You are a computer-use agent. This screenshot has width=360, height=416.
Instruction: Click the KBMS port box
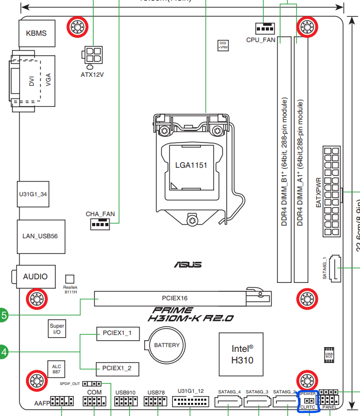pos(36,34)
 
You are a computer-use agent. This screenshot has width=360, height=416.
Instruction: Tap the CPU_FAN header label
pos(261,40)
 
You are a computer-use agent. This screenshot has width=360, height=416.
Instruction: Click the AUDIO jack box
pos(35,277)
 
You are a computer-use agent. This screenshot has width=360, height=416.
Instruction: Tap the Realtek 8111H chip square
pos(69,279)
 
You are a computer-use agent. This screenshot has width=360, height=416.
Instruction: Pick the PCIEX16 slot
pos(175,298)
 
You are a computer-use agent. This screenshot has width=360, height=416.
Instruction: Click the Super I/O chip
pos(57,329)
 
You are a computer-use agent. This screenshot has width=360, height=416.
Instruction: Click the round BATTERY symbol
pos(166,346)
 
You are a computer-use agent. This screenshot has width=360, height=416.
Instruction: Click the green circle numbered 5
pos(3,316)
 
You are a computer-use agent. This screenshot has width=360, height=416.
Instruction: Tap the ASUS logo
pos(188,264)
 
